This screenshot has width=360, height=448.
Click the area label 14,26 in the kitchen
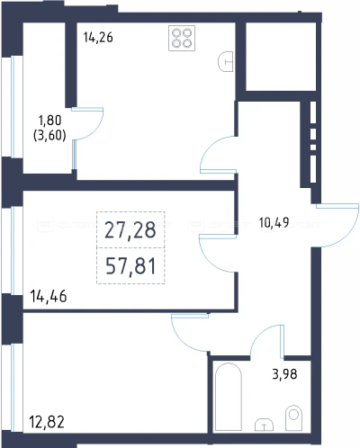(x=98, y=38)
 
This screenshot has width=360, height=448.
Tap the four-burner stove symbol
(x=182, y=38)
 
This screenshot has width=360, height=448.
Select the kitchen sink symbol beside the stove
(x=226, y=62)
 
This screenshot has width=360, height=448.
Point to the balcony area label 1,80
(x=49, y=121)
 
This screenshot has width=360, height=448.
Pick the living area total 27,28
(x=130, y=230)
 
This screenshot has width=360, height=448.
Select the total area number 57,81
(x=130, y=266)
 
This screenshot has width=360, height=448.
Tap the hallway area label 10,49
(x=274, y=222)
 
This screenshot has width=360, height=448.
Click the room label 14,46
(x=49, y=296)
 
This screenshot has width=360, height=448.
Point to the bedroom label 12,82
(x=47, y=422)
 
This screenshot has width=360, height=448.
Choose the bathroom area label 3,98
(x=284, y=374)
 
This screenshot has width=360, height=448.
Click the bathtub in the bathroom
(x=229, y=397)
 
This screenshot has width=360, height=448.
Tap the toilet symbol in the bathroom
(x=293, y=417)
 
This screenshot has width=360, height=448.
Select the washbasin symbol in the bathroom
(x=264, y=425)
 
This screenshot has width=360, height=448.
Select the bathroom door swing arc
(x=260, y=333)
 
